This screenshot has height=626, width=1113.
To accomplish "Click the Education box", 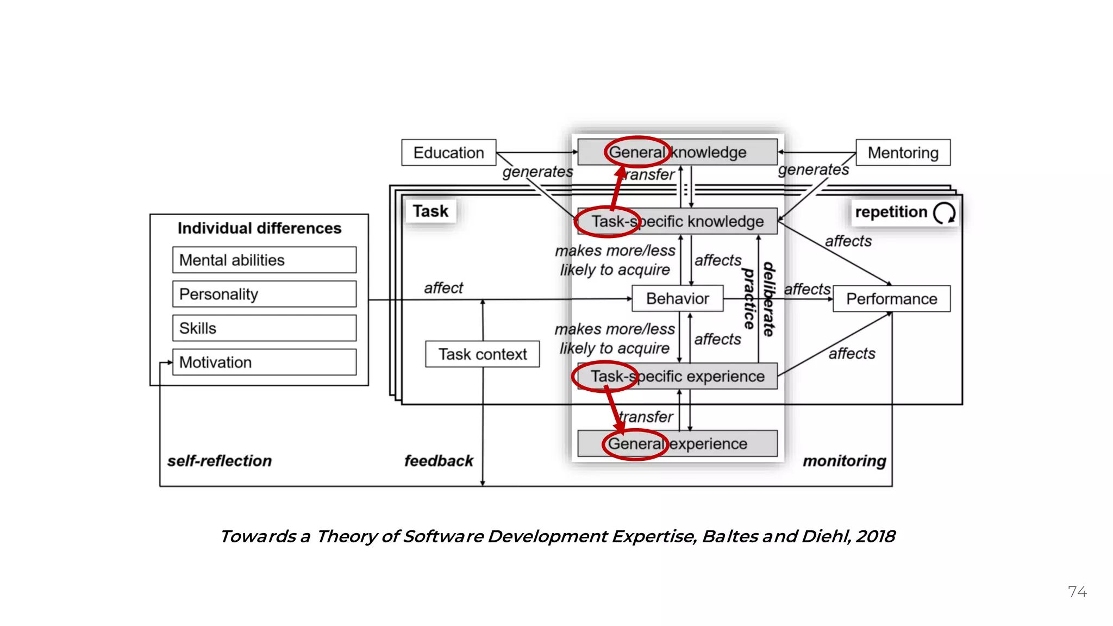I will click(x=448, y=153).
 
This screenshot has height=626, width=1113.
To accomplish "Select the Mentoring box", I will click(x=903, y=153).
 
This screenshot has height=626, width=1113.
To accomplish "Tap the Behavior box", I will click(x=677, y=298).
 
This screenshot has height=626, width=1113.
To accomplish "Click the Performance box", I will click(x=891, y=299).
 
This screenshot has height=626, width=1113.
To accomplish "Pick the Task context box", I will click(x=482, y=354).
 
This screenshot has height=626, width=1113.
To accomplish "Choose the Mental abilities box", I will click(x=264, y=260).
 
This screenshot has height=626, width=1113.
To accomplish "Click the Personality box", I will click(x=264, y=294).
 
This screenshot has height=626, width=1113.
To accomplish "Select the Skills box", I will click(x=264, y=328).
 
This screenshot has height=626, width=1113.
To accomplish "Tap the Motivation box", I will click(x=264, y=362).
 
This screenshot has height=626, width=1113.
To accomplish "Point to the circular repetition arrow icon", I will click(x=944, y=212).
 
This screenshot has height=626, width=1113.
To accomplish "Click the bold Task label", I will click(x=430, y=211).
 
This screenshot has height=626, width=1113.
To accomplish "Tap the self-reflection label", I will click(x=220, y=461).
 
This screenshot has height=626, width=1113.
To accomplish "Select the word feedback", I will click(x=439, y=461).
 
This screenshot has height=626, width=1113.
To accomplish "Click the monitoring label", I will click(x=844, y=461).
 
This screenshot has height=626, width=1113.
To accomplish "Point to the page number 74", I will click(x=1077, y=592).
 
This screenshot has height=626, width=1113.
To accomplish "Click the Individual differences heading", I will click(x=259, y=228).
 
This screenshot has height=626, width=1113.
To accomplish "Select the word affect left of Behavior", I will click(x=443, y=288).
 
